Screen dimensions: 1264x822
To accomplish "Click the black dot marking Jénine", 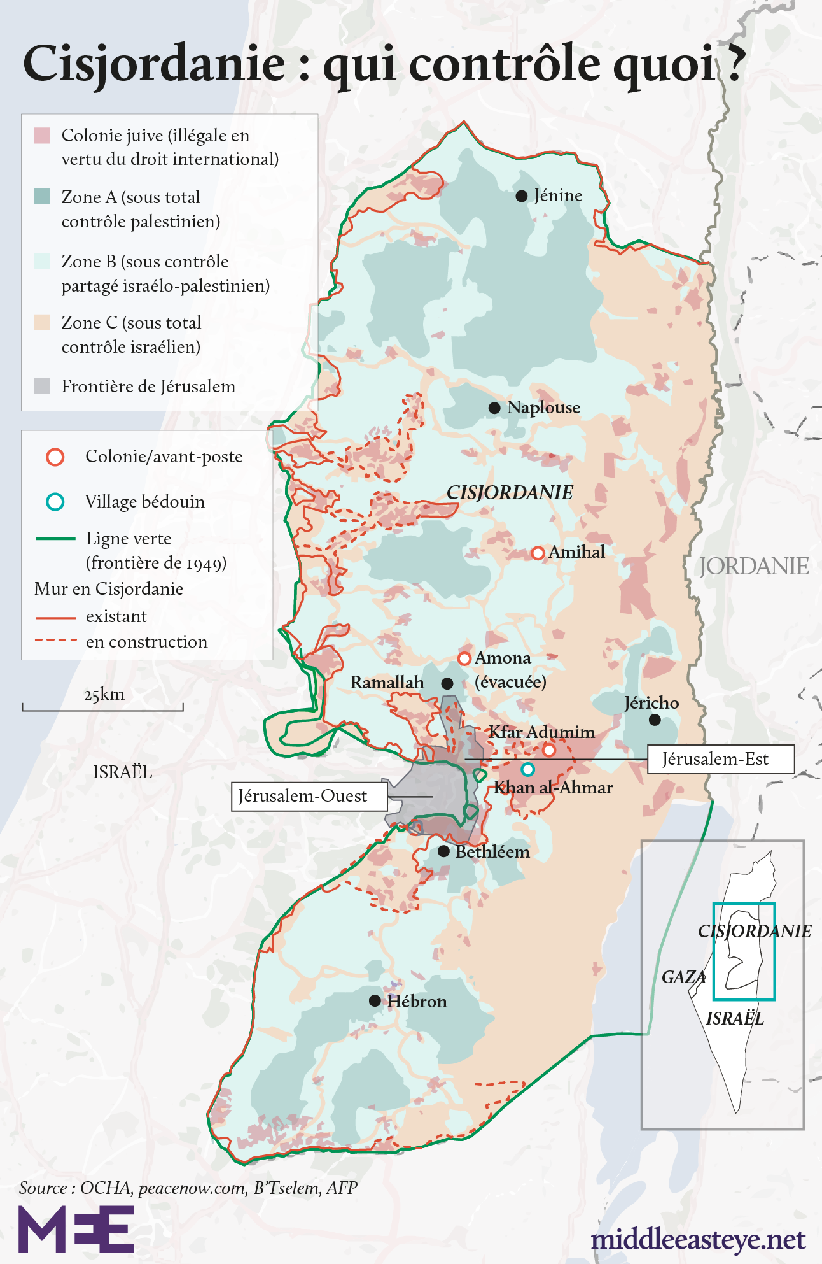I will pyautogui.click(x=521, y=196).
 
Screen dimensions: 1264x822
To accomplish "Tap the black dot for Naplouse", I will pyautogui.click(x=494, y=408).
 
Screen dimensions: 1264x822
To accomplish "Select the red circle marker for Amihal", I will pyautogui.click(x=538, y=553).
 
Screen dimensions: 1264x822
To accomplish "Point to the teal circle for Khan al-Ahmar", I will pyautogui.click(x=527, y=769).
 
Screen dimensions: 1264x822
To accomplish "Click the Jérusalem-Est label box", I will pyautogui.click(x=720, y=759).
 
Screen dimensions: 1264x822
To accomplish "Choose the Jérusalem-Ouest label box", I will pyautogui.click(x=309, y=796).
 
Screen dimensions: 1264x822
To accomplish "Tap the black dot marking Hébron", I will pyautogui.click(x=375, y=1001).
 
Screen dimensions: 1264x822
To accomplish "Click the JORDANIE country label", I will pyautogui.click(x=754, y=566).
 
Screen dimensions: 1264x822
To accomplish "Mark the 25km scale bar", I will pyautogui.click(x=102, y=707).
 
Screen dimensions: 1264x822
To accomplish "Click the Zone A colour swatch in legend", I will pyautogui.click(x=42, y=196).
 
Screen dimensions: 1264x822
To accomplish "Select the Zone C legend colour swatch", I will pyautogui.click(x=42, y=322).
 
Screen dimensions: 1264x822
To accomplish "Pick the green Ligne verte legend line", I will pyautogui.click(x=55, y=539).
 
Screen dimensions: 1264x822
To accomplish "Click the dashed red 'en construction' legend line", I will pyautogui.click(x=55, y=640).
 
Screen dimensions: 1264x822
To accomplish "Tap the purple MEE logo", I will pyautogui.click(x=76, y=1229).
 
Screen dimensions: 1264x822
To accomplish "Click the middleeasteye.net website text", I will pyautogui.click(x=698, y=1239).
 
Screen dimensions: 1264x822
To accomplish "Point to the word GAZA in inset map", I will pyautogui.click(x=683, y=977).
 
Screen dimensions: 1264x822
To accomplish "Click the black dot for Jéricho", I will pyautogui.click(x=655, y=720).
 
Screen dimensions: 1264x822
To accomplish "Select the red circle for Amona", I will pyautogui.click(x=464, y=658).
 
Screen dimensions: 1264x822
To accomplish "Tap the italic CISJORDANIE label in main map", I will pyautogui.click(x=510, y=492).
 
